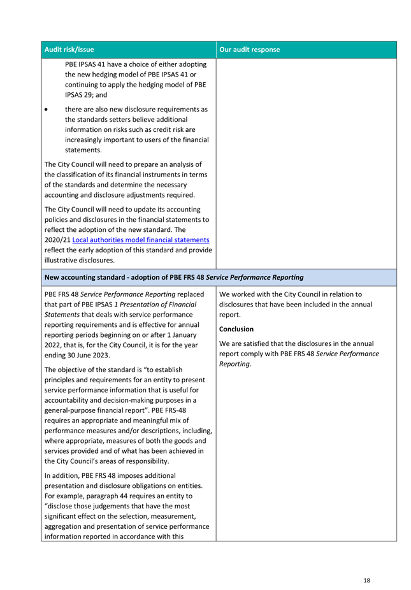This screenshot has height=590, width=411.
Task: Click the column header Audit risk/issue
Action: (69, 50)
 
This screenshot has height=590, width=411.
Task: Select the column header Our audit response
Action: (249, 50)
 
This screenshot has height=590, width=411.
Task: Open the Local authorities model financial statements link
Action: (141, 240)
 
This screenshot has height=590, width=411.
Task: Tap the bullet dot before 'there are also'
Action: (48, 109)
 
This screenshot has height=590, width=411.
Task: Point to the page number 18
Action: (367, 580)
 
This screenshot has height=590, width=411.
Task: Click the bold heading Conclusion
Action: (236, 329)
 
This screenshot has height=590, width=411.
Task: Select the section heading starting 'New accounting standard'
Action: (173, 277)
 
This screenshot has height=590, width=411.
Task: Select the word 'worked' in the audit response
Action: (244, 294)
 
